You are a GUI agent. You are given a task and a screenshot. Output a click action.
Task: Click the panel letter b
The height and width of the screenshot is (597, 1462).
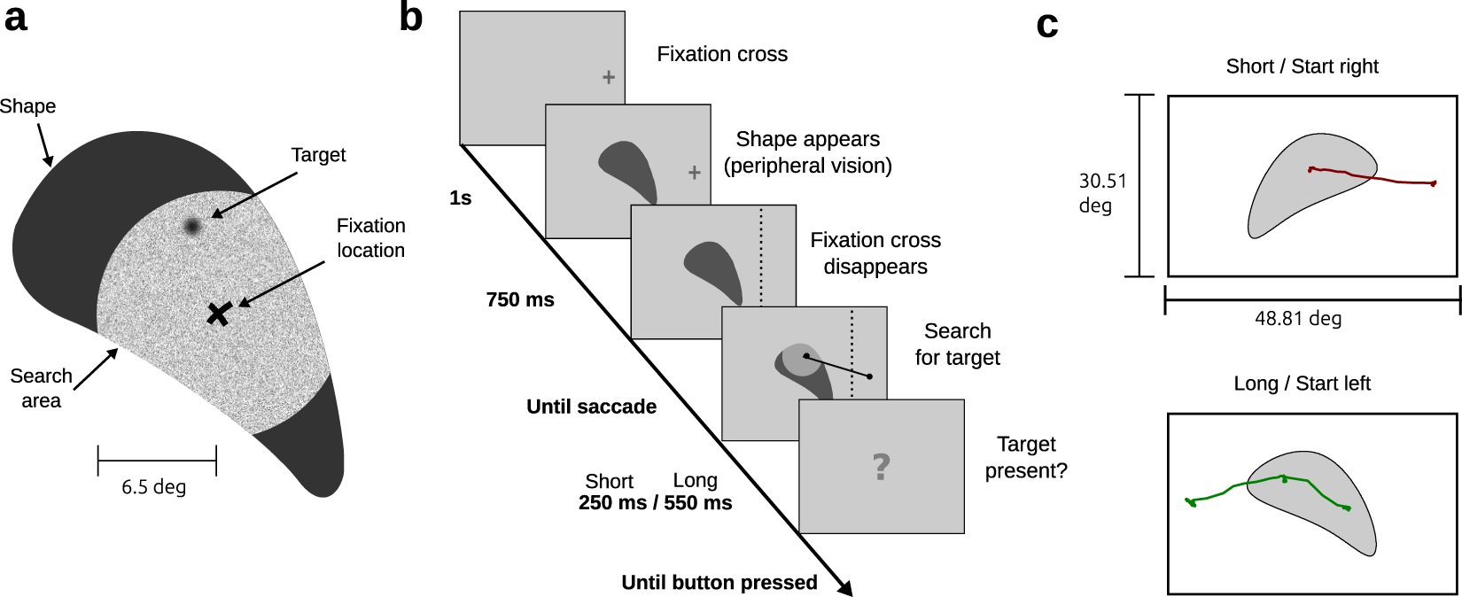[411, 18]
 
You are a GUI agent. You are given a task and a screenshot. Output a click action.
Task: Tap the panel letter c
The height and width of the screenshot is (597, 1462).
[1047, 25]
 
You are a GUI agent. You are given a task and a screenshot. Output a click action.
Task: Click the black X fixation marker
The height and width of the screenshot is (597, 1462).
[219, 313]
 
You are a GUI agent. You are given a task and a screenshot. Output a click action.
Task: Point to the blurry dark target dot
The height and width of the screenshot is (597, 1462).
[191, 227]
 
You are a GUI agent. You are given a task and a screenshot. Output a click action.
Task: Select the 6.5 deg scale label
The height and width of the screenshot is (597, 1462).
[154, 487]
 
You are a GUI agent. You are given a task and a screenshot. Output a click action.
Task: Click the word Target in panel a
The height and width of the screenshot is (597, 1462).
[318, 155]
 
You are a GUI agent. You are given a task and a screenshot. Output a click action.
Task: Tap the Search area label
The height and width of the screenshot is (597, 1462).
[41, 388]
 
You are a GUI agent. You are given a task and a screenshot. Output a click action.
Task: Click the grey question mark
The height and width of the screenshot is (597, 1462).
[881, 466]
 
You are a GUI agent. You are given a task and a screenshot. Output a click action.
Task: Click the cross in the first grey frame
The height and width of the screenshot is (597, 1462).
[609, 78]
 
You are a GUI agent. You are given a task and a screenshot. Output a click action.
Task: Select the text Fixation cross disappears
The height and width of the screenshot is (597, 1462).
[875, 253]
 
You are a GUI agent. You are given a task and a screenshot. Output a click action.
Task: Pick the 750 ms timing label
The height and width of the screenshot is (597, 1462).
[520, 300]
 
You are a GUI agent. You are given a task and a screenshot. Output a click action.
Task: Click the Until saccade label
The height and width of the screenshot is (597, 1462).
[591, 407]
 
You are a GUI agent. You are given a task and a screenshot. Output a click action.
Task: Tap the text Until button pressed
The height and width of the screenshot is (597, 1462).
[719, 582]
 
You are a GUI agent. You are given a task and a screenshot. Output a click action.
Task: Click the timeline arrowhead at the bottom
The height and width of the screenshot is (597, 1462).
[844, 587]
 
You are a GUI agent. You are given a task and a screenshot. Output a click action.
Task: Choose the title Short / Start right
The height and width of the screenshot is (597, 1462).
[1302, 66]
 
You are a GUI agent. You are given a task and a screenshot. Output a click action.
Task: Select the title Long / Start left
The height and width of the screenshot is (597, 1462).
[1302, 384]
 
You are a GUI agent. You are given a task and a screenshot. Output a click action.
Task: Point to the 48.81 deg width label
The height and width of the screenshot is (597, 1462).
[1298, 319]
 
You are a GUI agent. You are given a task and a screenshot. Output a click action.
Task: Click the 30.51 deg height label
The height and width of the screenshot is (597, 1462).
[1102, 193]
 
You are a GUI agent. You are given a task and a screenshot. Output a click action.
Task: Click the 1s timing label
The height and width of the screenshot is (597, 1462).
[461, 198]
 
